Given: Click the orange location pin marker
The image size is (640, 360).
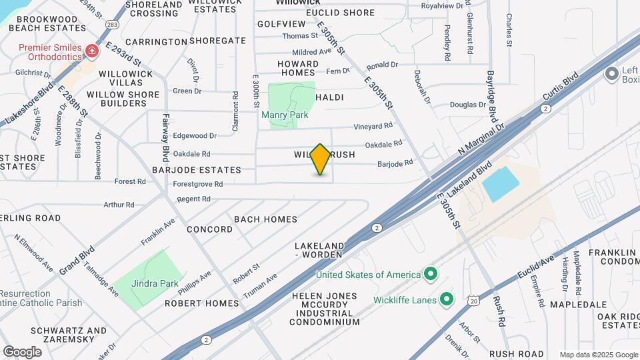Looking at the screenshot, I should pyautogui.click(x=321, y=159).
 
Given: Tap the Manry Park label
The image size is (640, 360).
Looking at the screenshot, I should pyautogui.click(x=285, y=115).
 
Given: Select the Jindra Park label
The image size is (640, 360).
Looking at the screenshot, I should pyautogui.click(x=155, y=283).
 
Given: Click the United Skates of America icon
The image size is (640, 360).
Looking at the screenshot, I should pyautogui.click(x=431, y=274).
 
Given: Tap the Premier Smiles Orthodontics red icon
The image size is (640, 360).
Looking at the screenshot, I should pyautogui.click(x=92, y=51).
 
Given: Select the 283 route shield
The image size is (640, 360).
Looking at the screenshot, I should pyautogui.click(x=113, y=25).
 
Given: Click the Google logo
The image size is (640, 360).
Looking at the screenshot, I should pyautogui.click(x=22, y=352).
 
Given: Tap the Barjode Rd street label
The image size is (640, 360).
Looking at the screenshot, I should pyautogui.click(x=395, y=163).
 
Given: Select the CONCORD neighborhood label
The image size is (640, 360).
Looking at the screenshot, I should pyautogui.click(x=209, y=229).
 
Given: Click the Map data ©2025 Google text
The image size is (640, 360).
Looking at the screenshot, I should pyautogui.click(x=597, y=355).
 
